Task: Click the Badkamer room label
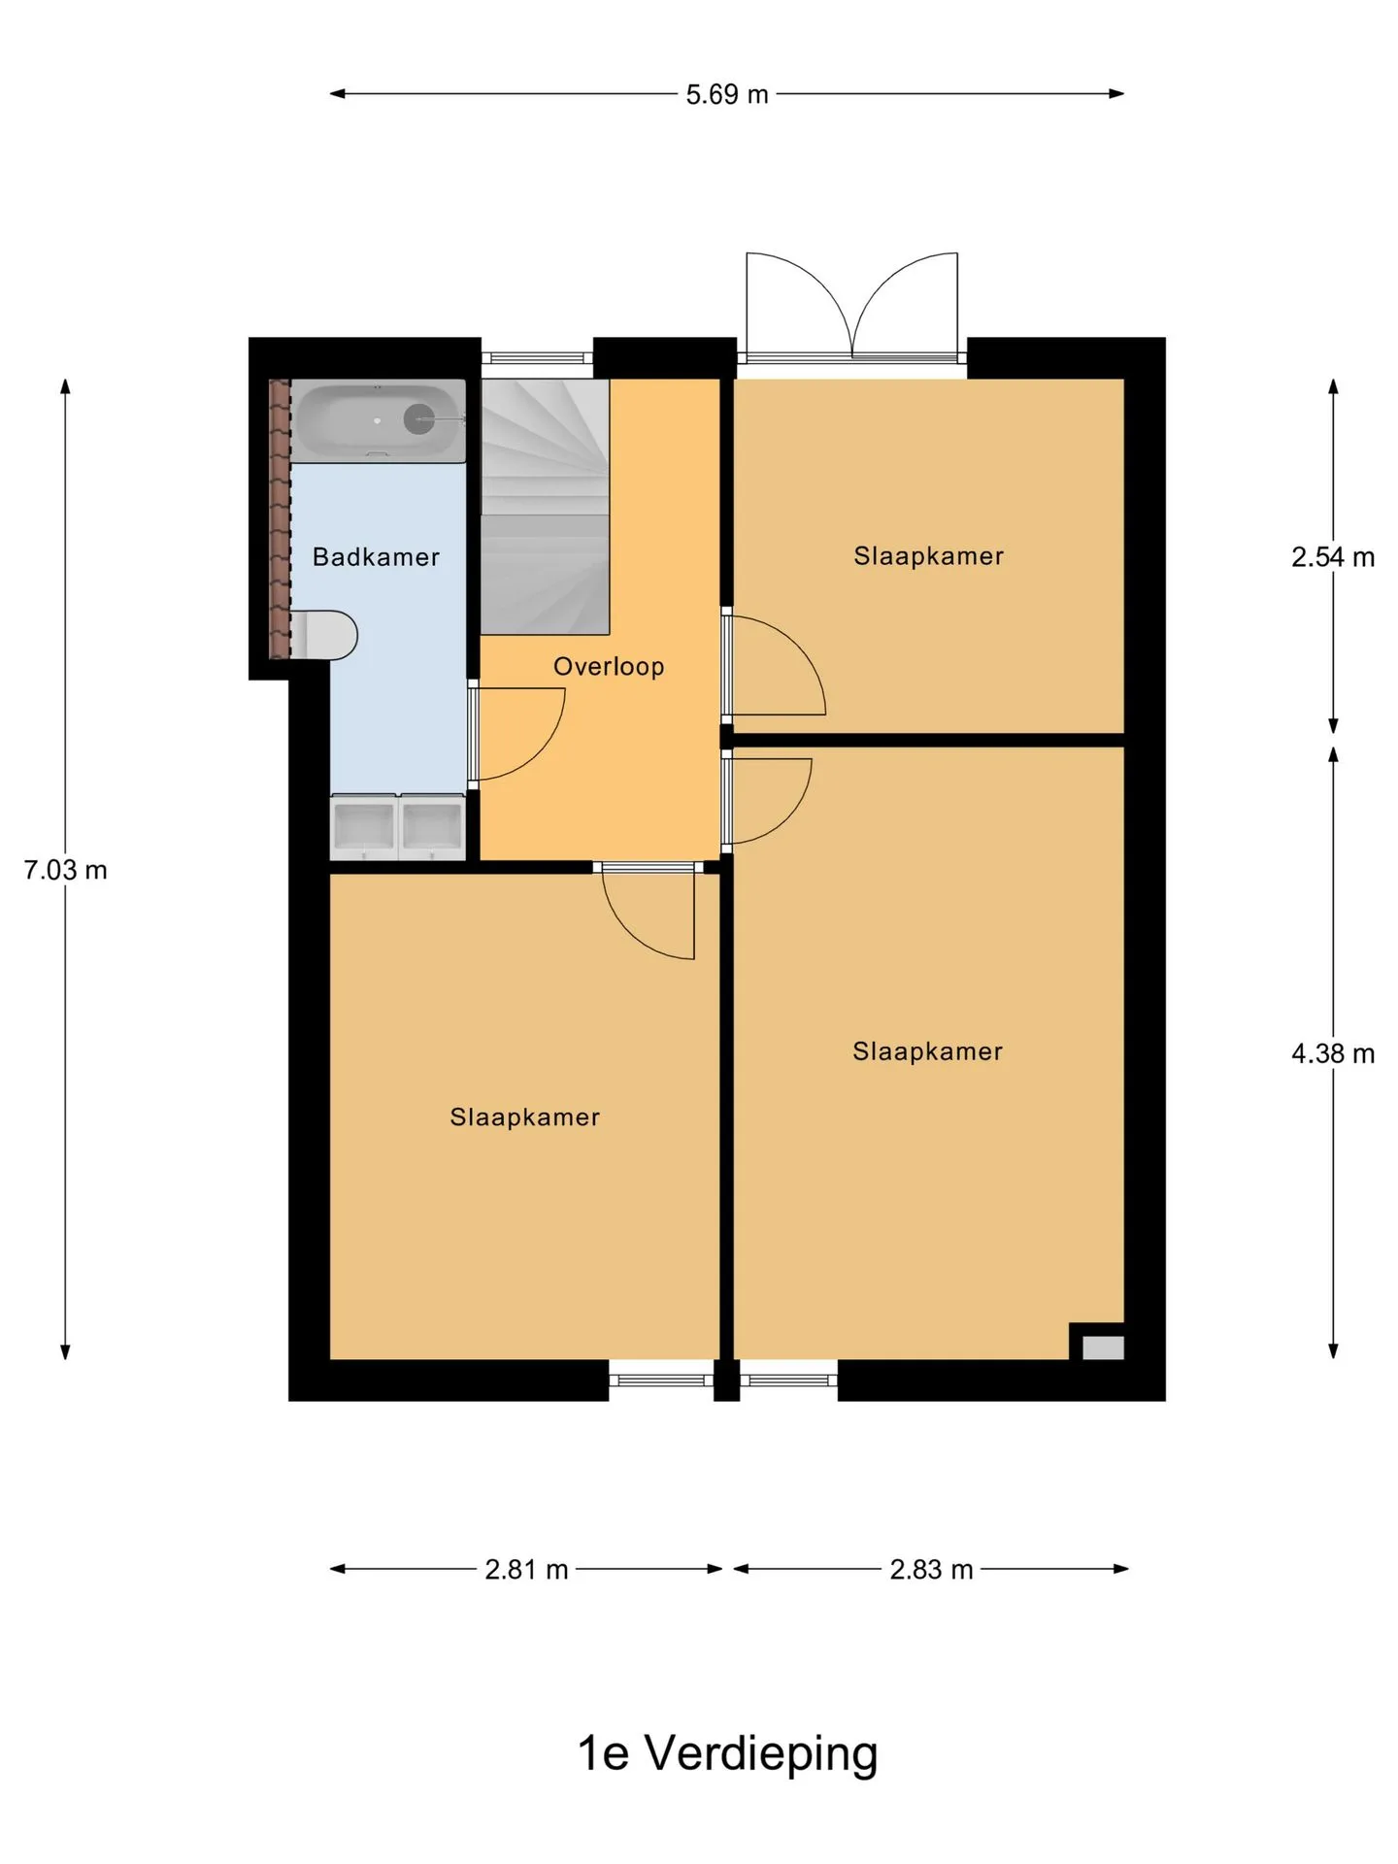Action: point(376,556)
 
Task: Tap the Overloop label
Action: point(609,666)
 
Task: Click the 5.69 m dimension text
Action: point(727,94)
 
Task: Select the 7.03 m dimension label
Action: point(65,870)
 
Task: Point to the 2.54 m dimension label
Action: point(1333,557)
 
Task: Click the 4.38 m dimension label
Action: point(1333,1053)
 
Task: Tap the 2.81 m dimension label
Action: point(526,1570)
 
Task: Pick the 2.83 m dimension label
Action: point(931,1570)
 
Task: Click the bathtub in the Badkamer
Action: point(379,420)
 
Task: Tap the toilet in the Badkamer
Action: point(325,635)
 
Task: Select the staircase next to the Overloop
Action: point(546,507)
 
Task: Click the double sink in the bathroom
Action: point(398,827)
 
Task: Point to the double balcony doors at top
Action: point(851,307)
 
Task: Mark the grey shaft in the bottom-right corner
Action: point(1103,1348)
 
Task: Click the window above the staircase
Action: point(537,356)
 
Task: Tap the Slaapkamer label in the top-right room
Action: point(929,556)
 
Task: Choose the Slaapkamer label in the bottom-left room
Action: point(525,1117)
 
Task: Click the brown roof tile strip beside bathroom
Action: point(280,518)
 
